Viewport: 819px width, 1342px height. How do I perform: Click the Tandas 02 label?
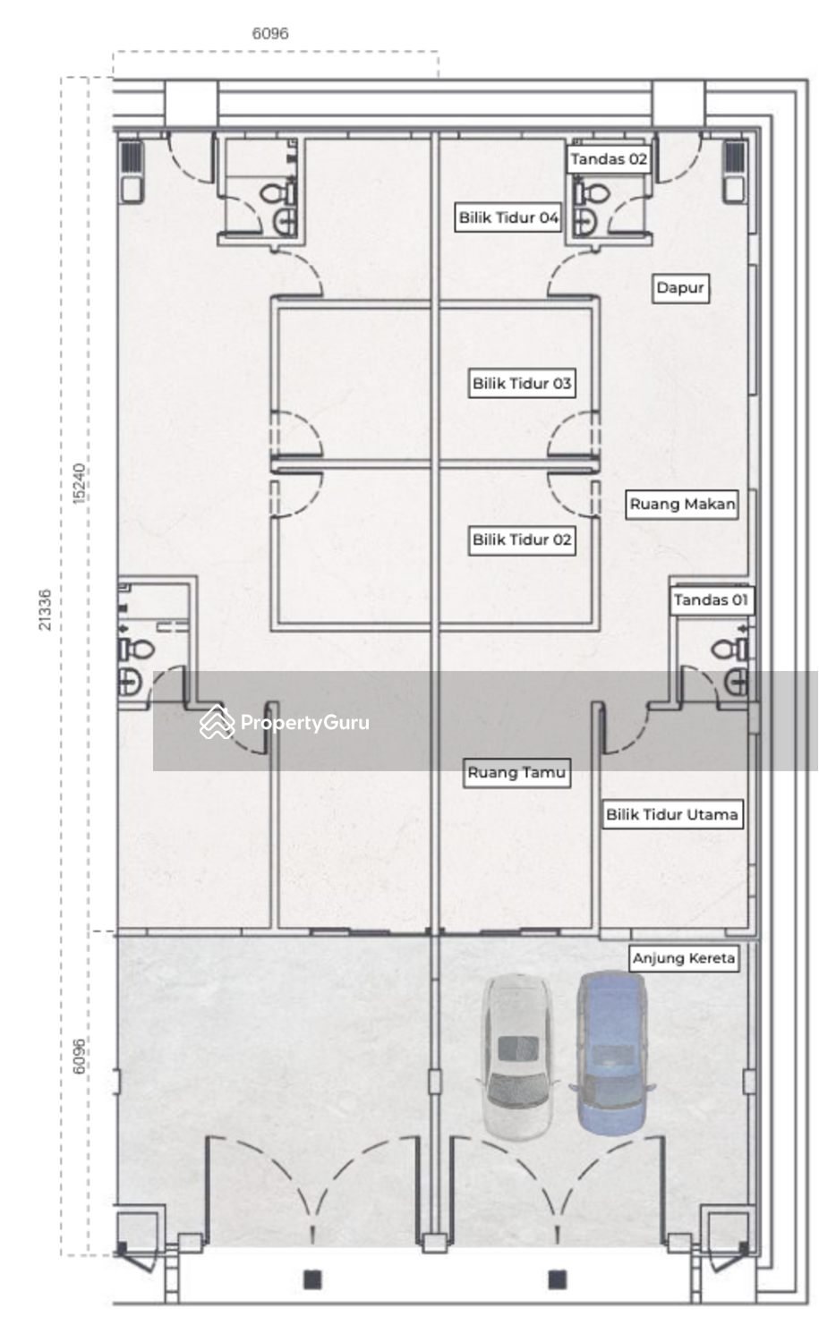609,159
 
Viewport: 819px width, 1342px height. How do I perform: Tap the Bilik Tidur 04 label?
508,217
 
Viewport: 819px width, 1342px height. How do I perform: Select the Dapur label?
680,288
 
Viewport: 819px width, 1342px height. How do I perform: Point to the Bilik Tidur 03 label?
522,384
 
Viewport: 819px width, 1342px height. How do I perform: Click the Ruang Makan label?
682,505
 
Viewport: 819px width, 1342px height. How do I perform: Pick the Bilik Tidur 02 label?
522,539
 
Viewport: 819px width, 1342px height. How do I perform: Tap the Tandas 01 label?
711,600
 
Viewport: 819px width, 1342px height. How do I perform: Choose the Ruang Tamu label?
516,773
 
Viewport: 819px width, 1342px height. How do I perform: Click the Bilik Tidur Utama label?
672,815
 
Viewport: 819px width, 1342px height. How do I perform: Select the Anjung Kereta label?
684,958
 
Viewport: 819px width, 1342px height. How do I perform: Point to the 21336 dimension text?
45,610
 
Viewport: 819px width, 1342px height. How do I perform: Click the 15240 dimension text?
79,483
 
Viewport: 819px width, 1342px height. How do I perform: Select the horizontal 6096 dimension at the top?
270,34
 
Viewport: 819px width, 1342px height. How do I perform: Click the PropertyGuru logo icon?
217,722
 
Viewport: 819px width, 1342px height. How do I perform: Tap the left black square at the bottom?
312,1279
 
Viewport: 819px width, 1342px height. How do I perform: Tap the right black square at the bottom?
557,1279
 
